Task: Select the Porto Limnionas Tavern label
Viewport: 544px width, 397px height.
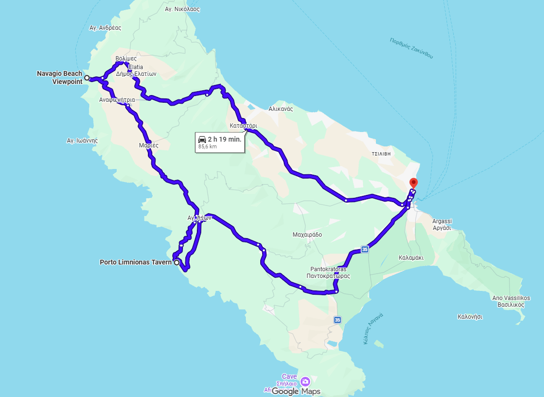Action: [x=135, y=262]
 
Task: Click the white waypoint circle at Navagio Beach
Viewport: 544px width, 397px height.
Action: [x=87, y=78]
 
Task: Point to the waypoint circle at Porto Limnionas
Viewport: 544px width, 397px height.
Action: [x=177, y=263]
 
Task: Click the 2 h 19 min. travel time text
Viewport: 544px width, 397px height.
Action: [x=224, y=139]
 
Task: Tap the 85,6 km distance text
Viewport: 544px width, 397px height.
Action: [x=207, y=146]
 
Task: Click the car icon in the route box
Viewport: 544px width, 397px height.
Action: [x=202, y=139]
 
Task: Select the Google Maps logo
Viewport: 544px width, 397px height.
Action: [x=296, y=391]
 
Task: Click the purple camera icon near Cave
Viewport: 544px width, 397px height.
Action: [x=305, y=382]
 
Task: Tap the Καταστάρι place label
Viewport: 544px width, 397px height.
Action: [x=243, y=126]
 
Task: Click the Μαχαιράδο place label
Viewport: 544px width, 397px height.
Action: [x=307, y=235]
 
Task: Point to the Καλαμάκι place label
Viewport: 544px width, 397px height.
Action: [x=411, y=257]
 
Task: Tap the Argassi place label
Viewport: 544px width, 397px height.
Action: [x=442, y=221]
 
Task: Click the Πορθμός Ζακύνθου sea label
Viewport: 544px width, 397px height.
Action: [x=411, y=48]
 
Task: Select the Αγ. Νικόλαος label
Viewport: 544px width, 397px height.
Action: [x=182, y=9]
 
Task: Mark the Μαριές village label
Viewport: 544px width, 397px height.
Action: [x=149, y=145]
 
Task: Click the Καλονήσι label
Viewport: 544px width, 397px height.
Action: [x=470, y=317]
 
